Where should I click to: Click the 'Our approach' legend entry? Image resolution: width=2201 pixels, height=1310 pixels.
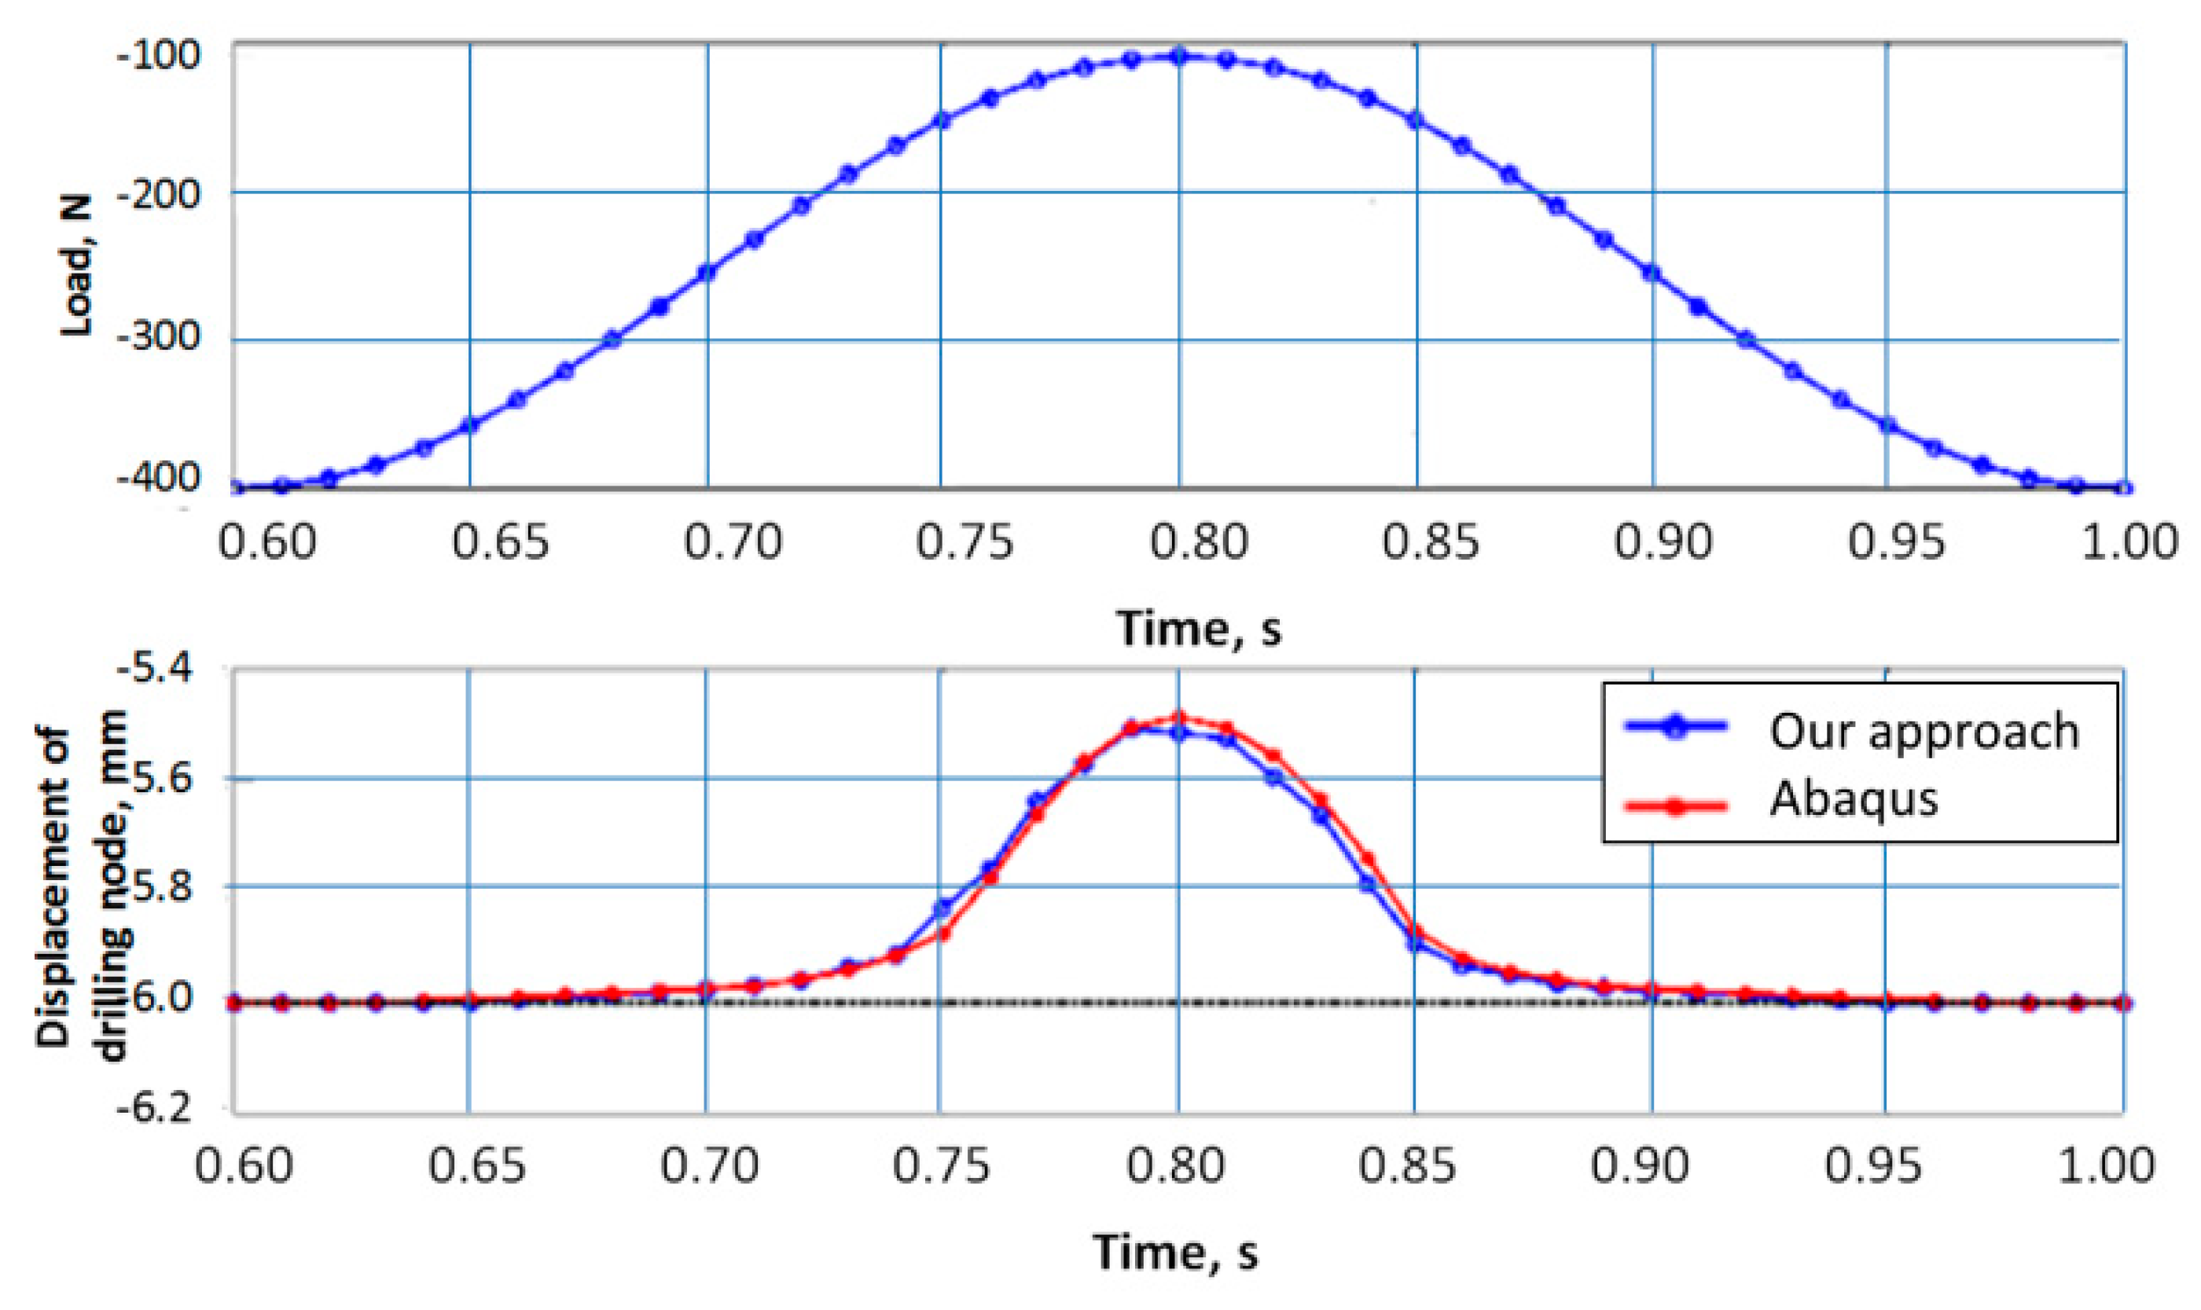[x=1924, y=731]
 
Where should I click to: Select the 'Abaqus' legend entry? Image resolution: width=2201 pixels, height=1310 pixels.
[x=1853, y=799]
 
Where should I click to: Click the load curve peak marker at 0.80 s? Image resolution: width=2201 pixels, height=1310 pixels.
[x=1178, y=57]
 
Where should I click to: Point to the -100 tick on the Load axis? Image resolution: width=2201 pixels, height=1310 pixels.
[x=159, y=55]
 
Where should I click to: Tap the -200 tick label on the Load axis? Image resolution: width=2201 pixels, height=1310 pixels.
[x=159, y=193]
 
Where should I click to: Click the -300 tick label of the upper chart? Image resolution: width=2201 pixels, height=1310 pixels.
[x=159, y=337]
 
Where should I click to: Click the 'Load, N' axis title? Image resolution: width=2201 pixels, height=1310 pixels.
[x=77, y=266]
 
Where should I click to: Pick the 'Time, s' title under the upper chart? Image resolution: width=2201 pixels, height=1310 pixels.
[x=1198, y=629]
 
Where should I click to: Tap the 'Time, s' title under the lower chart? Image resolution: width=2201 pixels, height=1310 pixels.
[x=1175, y=1251]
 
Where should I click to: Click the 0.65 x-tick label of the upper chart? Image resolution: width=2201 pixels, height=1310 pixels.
[x=501, y=541]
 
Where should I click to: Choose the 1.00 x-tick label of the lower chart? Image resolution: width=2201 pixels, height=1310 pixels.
[x=2107, y=1165]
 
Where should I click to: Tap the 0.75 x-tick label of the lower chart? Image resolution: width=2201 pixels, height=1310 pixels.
[x=941, y=1165]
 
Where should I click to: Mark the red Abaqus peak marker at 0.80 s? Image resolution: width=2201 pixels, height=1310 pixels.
[x=1178, y=716]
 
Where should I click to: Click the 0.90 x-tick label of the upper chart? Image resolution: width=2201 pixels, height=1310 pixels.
[x=1663, y=541]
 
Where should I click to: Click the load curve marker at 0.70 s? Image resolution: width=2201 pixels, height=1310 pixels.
[x=707, y=273]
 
